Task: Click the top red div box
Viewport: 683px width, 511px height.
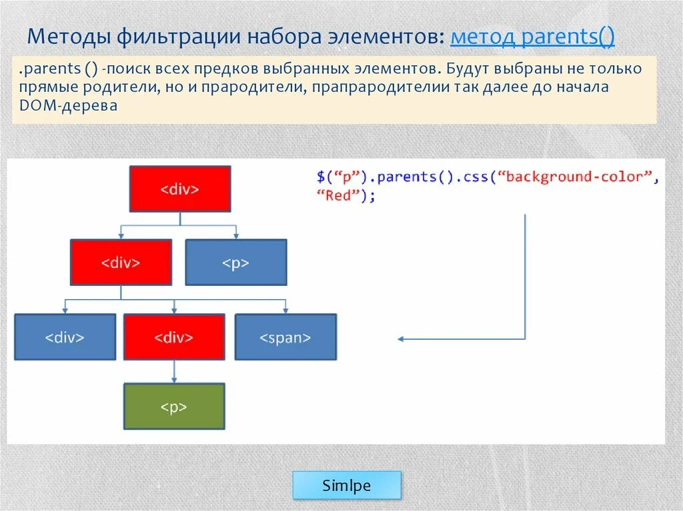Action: click(x=180, y=189)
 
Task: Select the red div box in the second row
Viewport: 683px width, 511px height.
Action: click(x=121, y=262)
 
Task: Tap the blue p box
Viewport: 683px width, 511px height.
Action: click(x=235, y=262)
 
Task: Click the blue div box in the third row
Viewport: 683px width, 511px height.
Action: click(x=65, y=337)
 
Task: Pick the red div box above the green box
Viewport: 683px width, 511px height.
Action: click(x=174, y=337)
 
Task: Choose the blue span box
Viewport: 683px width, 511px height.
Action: click(x=285, y=337)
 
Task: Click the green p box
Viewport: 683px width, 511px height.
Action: click(x=174, y=406)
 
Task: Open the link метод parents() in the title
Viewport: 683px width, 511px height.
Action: click(x=532, y=36)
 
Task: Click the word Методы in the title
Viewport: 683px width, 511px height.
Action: click(x=69, y=36)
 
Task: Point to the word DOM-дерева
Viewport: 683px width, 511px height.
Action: click(x=68, y=105)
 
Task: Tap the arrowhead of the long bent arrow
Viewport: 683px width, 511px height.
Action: click(x=401, y=338)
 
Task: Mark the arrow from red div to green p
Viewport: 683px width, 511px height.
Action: click(x=174, y=371)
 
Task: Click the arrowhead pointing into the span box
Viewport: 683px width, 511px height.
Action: click(x=285, y=310)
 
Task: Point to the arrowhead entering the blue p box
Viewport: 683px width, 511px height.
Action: click(x=235, y=235)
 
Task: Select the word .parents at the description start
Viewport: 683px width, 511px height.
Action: click(x=49, y=69)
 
